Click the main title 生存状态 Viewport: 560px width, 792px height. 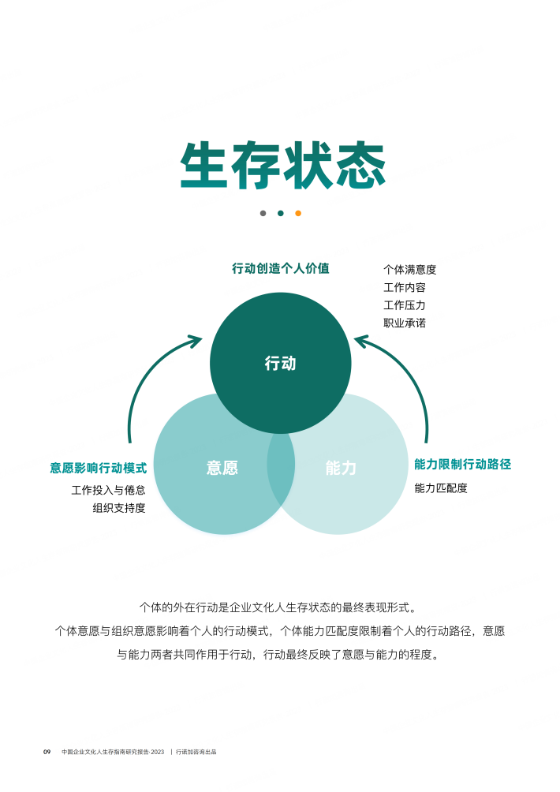coord(283,166)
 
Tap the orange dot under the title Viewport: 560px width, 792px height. coord(298,213)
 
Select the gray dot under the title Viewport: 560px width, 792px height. coord(263,213)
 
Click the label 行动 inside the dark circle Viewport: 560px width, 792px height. coord(280,363)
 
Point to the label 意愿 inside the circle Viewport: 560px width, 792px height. coord(222,468)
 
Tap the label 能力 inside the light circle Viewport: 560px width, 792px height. coord(341,468)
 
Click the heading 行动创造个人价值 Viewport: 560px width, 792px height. coord(281,268)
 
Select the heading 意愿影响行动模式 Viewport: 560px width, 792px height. coord(99,468)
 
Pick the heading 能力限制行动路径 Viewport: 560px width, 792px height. coord(462,464)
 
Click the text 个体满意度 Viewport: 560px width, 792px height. coord(409,270)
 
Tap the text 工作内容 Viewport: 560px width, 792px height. coord(405,287)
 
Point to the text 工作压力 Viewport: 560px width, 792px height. coord(405,305)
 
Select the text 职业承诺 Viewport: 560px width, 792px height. coord(405,323)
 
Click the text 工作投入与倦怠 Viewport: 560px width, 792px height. coord(109,490)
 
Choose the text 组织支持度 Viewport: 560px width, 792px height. coord(119,508)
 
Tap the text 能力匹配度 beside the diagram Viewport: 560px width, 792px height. coord(441,488)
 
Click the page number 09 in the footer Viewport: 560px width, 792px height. coord(47,752)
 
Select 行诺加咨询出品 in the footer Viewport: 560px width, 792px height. coord(196,752)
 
